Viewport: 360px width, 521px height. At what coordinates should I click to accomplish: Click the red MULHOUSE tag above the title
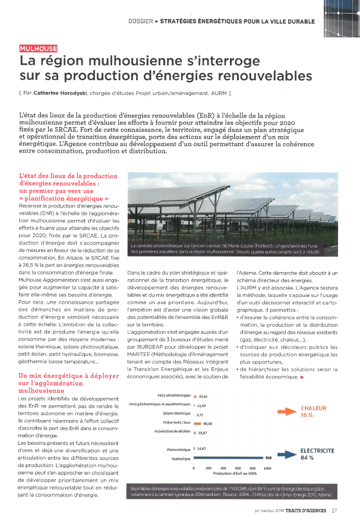39,49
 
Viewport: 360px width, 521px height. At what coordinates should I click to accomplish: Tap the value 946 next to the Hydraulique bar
269,458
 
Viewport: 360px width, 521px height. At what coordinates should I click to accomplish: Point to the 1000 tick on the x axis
267,469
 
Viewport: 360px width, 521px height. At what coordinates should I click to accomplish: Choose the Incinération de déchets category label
174,432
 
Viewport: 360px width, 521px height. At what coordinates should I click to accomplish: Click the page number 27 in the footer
334,510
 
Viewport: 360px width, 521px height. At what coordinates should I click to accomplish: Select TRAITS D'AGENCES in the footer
305,510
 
